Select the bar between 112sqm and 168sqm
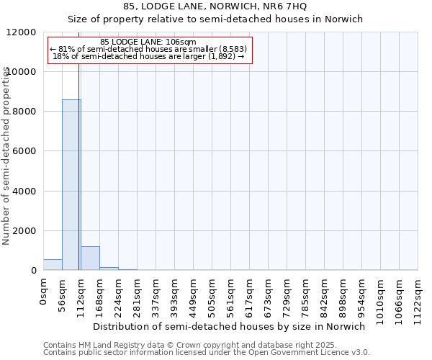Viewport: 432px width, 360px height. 90,258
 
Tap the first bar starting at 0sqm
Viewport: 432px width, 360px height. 53,265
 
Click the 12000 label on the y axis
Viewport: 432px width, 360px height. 24,32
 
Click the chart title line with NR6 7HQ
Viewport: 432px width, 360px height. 215,6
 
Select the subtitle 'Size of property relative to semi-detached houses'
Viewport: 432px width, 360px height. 215,19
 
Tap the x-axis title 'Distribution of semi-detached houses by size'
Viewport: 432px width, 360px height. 229,326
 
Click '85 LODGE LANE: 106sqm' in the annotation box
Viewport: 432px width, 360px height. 148,42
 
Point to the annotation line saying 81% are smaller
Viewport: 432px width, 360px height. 148,49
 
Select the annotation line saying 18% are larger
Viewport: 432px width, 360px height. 148,56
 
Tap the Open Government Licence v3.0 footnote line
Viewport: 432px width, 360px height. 206,353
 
